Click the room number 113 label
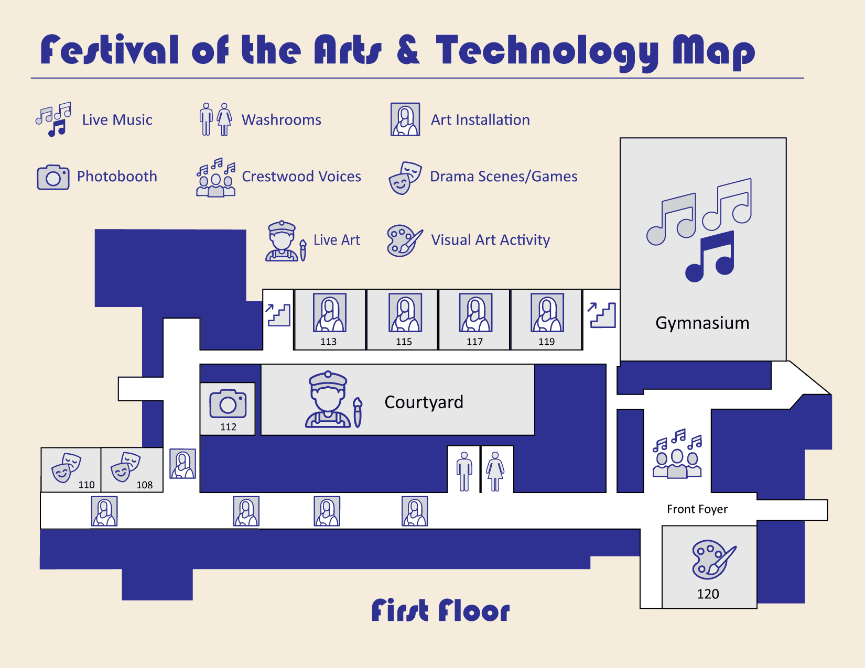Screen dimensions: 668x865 pyautogui.click(x=329, y=342)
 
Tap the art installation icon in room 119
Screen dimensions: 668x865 pyautogui.click(x=547, y=313)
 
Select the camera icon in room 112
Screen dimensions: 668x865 pyautogui.click(x=228, y=403)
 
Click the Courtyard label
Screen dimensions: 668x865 pyautogui.click(x=424, y=402)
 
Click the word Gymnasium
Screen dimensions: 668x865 pyautogui.click(x=702, y=323)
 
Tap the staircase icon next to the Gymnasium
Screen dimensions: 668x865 pyautogui.click(x=602, y=315)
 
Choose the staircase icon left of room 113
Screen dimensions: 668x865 pyautogui.click(x=278, y=315)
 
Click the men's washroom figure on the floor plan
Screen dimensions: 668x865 pyautogui.click(x=464, y=471)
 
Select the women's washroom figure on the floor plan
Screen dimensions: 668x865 pyautogui.click(x=495, y=471)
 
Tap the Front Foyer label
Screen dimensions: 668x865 pyautogui.click(x=697, y=509)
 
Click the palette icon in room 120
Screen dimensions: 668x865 pyautogui.click(x=713, y=559)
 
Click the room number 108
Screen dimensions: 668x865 pyautogui.click(x=145, y=485)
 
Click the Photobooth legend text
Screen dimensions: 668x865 pyautogui.click(x=117, y=177)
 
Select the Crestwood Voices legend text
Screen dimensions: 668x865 pyautogui.click(x=301, y=177)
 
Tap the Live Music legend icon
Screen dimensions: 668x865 pyautogui.click(x=54, y=119)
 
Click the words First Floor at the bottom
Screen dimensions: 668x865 pyautogui.click(x=440, y=610)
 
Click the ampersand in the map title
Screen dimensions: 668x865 pyautogui.click(x=408, y=50)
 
